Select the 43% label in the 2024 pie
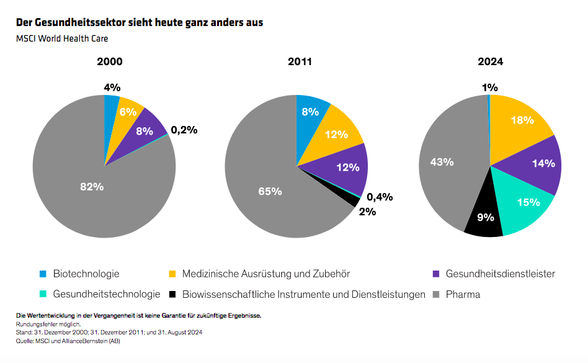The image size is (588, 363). pos(441,162)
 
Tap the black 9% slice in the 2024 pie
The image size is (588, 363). pos(484,218)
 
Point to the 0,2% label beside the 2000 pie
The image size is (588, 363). pos(184,130)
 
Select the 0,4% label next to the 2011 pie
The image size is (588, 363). pos(380,197)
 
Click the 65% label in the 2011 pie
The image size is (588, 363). pos(270,191)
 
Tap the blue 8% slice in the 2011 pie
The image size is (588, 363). pos(310,112)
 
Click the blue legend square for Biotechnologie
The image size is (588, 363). pos(43,274)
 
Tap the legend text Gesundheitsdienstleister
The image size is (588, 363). pos(500,274)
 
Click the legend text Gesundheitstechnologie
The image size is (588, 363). pos(107,294)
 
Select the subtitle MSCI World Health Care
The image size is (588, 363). pos(62,38)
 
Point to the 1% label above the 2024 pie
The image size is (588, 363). pos(490,88)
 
